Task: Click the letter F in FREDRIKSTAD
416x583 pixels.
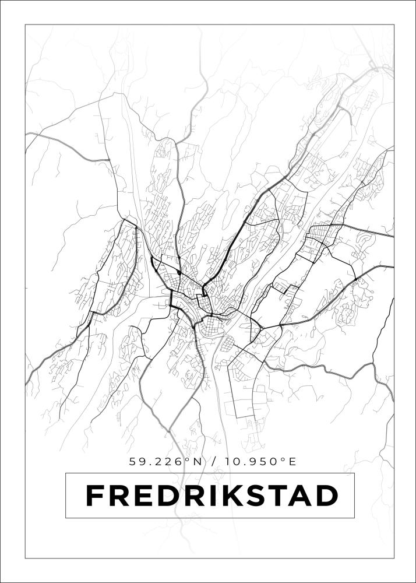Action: (95, 496)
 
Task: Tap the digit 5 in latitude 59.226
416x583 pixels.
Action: (133, 462)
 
